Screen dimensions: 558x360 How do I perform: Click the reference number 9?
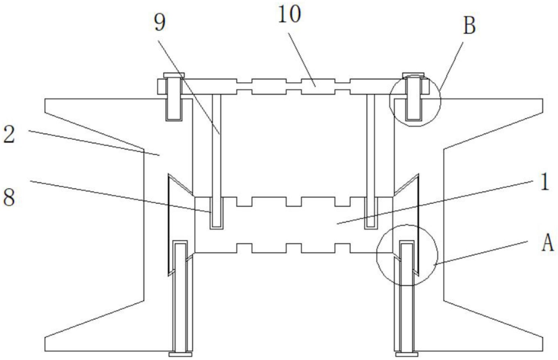(x=160, y=23)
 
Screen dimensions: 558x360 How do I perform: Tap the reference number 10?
(x=289, y=15)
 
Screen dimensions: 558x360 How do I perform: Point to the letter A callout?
(x=548, y=243)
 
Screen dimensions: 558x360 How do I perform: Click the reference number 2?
(x=9, y=135)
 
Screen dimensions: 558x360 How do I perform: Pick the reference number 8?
(x=9, y=198)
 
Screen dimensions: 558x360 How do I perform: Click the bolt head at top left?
(x=174, y=75)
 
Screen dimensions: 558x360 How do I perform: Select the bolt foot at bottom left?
(x=180, y=354)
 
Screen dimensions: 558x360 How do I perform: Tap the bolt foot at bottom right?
(x=407, y=354)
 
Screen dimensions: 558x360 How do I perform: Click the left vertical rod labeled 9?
(x=216, y=150)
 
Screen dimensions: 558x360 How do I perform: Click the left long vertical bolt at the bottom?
(x=180, y=299)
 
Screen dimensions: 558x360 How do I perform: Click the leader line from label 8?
(x=120, y=196)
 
